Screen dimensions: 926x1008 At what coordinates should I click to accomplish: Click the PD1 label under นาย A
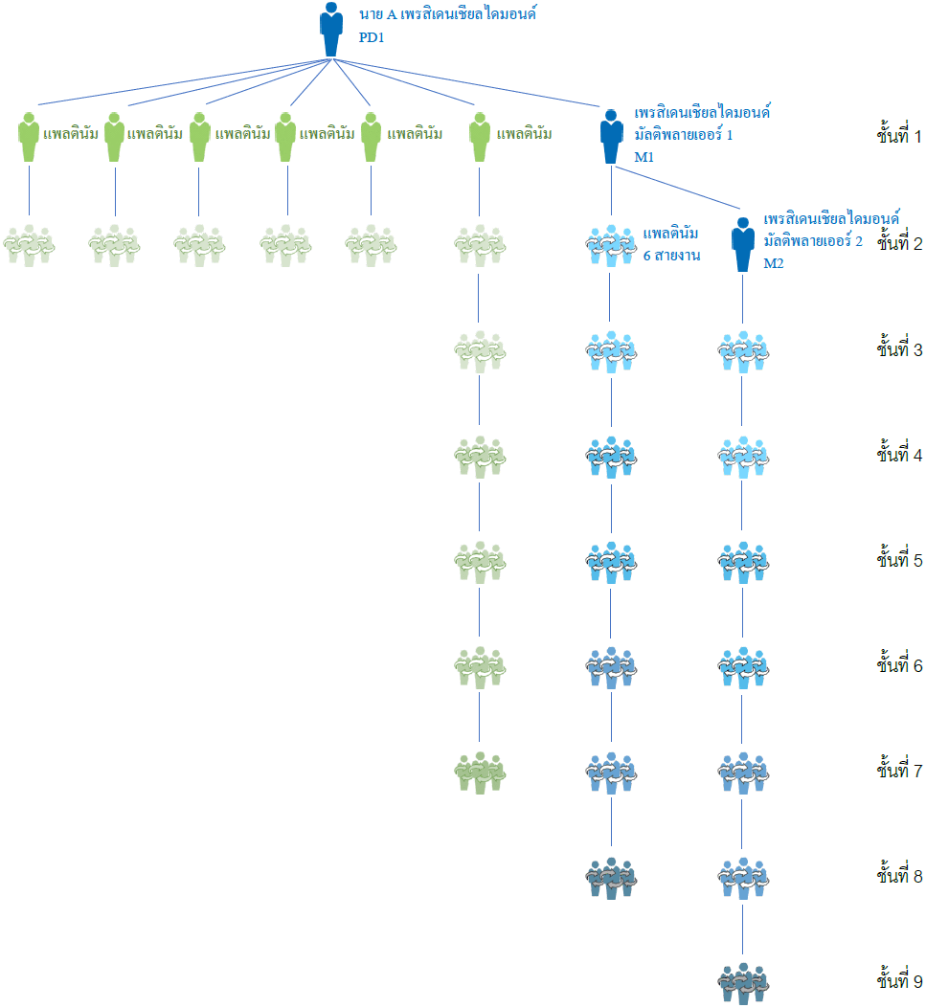coord(372,37)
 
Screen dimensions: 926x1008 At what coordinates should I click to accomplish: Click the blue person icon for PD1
coord(331,30)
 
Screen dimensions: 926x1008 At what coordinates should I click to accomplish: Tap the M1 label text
coord(644,157)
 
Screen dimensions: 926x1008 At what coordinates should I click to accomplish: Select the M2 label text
coord(774,263)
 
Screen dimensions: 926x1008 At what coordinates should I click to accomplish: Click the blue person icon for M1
coord(611,137)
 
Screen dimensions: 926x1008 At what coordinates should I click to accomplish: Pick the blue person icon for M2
coord(743,244)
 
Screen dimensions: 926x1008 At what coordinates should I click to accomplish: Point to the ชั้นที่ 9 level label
coord(899,979)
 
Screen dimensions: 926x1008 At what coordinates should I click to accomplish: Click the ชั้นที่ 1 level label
coord(898,134)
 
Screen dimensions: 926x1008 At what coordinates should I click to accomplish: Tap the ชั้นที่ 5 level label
coord(899,558)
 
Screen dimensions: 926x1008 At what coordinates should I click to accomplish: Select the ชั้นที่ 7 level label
coord(899,769)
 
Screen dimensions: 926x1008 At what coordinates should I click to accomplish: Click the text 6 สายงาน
coord(671,256)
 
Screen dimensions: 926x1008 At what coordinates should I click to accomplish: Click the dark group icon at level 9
coord(743,983)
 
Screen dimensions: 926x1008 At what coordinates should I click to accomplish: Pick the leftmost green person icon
coord(29,137)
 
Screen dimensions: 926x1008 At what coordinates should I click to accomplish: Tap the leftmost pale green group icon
coord(29,246)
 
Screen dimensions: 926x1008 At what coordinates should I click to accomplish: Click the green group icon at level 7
coord(480,773)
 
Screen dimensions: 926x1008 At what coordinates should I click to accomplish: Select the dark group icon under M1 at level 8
coord(611,878)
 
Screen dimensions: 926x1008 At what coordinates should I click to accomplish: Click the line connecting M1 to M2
coord(678,188)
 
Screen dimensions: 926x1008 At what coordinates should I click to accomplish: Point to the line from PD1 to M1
coord(466,83)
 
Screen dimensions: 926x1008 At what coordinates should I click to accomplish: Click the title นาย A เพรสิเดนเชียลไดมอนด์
coord(447,13)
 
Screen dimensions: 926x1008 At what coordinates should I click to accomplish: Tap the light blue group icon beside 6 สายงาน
coord(611,246)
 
